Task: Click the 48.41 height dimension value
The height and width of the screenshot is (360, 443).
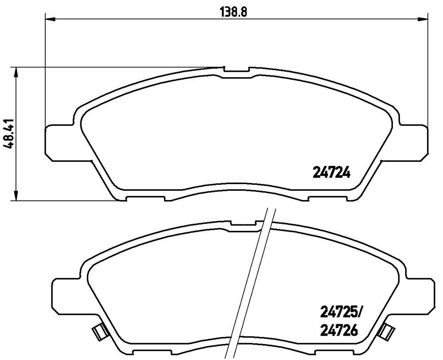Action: (x=9, y=133)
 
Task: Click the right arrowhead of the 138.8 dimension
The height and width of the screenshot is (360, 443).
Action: (x=423, y=19)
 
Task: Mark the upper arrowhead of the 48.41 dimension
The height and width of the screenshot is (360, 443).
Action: (x=16, y=72)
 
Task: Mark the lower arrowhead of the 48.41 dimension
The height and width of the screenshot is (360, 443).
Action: (x=16, y=196)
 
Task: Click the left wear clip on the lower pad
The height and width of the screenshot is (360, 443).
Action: (x=99, y=332)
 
